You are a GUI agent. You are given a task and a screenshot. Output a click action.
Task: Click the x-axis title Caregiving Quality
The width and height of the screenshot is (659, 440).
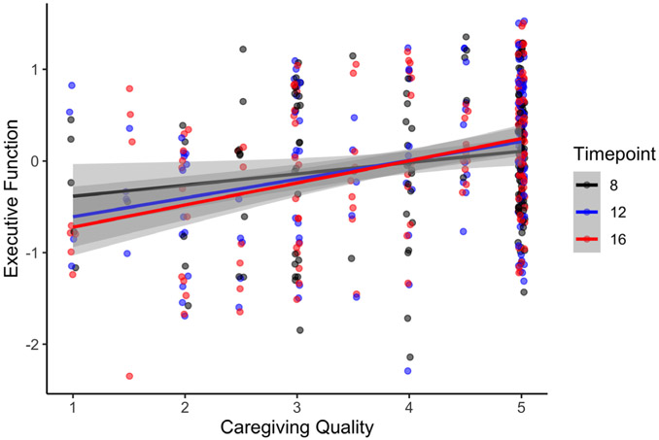pos(297,426)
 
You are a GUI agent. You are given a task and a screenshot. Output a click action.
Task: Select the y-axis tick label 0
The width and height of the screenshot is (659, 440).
pos(37,161)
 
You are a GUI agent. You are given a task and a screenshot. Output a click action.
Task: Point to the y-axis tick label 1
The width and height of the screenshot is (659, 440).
pos(37,69)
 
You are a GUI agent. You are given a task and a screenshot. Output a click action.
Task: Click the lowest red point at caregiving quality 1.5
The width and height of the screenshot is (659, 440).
pos(129,376)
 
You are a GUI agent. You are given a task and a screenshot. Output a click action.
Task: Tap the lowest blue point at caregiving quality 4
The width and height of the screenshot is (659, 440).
pos(408,370)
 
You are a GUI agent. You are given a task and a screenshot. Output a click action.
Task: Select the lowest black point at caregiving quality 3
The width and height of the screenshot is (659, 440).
pos(300,330)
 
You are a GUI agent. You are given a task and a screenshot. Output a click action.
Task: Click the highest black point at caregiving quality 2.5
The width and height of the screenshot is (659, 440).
pos(243,50)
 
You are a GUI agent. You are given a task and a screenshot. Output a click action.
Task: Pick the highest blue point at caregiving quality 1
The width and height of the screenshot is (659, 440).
pos(72,85)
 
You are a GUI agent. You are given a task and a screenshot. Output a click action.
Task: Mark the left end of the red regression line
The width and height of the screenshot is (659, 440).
pos(72,227)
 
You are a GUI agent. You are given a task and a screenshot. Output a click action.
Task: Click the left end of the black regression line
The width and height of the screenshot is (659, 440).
pos(72,195)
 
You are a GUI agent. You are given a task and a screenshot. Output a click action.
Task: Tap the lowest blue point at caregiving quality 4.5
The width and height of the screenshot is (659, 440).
pos(464,231)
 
